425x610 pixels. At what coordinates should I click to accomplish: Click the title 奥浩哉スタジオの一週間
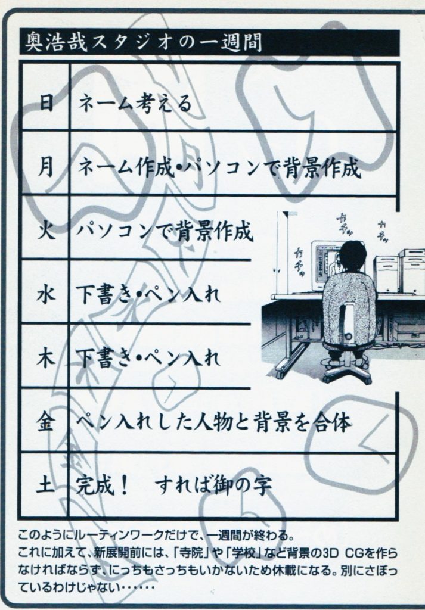point(143,42)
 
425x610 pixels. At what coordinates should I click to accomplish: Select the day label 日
point(46,104)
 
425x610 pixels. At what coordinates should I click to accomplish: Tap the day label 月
point(45,168)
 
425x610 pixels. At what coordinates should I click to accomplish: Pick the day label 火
point(45,232)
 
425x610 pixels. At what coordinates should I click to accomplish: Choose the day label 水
point(45,295)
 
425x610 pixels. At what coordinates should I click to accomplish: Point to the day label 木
point(45,359)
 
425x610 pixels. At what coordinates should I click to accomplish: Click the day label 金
point(45,422)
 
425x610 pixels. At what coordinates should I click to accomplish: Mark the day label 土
point(45,486)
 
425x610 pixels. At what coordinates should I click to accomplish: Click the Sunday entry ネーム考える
point(136,104)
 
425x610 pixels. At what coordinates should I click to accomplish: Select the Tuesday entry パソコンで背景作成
point(165,232)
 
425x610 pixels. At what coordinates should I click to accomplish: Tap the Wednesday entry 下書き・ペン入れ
point(148,295)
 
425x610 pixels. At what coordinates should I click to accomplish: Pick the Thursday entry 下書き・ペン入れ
point(148,359)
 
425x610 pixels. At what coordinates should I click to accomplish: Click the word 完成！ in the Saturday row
point(103,485)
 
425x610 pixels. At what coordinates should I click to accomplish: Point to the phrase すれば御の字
point(213,485)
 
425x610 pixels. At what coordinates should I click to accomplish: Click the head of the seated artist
point(352,257)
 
